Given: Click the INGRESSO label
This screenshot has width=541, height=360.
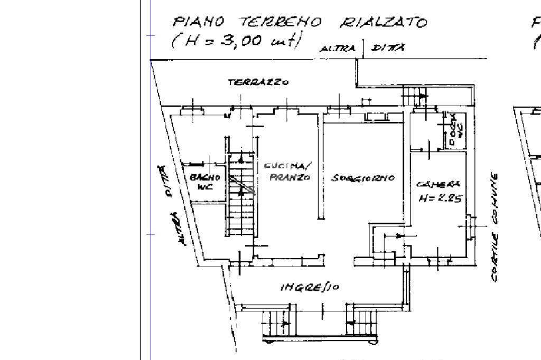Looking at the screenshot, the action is pyautogui.click(x=310, y=287).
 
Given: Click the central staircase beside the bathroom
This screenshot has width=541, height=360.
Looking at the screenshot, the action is pyautogui.click(x=241, y=195).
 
